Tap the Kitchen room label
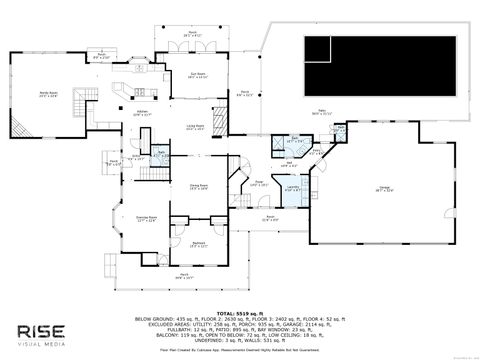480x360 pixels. tap(142, 113)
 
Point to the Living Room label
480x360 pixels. tap(197, 127)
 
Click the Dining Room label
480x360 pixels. tap(198, 187)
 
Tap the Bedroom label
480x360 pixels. tap(199, 244)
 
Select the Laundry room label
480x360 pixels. tap(294, 187)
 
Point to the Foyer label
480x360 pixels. tap(258, 183)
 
